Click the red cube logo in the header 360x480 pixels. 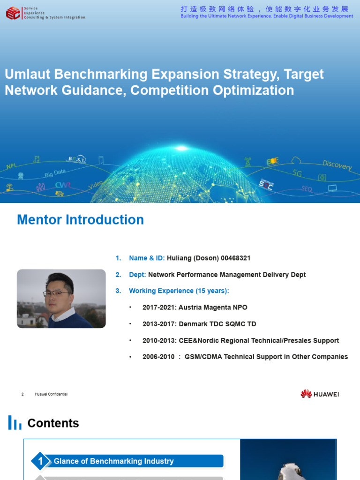tap(13, 13)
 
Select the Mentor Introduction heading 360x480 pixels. tap(80, 220)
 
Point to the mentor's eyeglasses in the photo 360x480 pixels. tap(57, 294)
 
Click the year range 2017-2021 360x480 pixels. tap(158, 307)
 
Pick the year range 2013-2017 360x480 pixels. tap(158, 324)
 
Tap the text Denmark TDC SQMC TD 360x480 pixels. tap(217, 324)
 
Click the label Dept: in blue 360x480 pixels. tap(137, 275)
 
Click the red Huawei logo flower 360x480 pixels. tap(306, 394)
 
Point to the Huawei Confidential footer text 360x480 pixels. tap(51, 394)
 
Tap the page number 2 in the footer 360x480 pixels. tap(22, 394)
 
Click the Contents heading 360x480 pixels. tap(53, 423)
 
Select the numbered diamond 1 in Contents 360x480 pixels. tap(41, 461)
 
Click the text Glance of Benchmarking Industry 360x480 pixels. tap(113, 461)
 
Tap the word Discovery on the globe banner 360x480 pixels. tap(337, 165)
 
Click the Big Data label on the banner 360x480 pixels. tap(55, 173)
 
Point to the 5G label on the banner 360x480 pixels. tap(297, 173)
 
